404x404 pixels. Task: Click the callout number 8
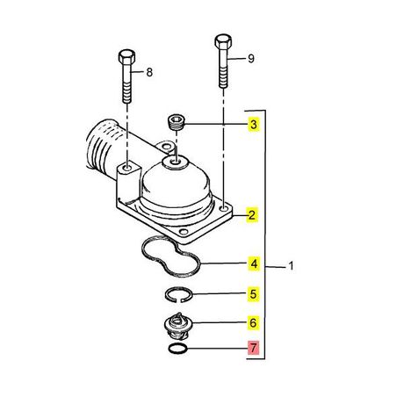[149, 72]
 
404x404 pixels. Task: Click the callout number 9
[251, 59]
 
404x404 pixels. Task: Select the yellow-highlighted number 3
[254, 125]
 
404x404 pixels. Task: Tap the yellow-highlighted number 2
[252, 215]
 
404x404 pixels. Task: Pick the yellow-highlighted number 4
[254, 263]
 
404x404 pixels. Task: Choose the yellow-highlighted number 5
[254, 294]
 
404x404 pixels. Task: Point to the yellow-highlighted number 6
[254, 322]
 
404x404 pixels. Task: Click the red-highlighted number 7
[254, 348]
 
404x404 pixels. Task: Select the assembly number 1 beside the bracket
[291, 266]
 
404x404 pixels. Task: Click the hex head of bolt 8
[126, 57]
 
